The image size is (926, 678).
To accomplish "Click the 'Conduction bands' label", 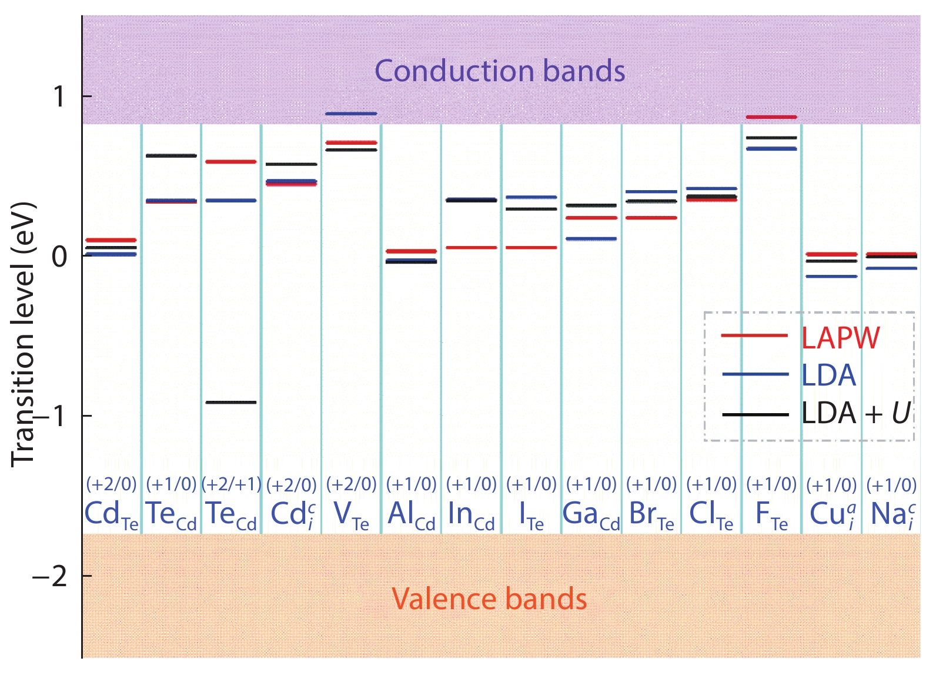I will pos(500,71).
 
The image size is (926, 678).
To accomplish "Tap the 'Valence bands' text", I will pos(489,599).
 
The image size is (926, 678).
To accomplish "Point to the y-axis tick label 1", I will pos(59,97).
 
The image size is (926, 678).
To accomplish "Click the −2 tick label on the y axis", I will pos(51,577).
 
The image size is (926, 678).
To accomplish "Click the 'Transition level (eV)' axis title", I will pos(24,335).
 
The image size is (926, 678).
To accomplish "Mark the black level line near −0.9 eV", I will pos(230,403).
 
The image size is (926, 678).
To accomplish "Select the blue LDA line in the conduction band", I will pos(351,114).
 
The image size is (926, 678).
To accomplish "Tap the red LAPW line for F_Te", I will pos(771,117).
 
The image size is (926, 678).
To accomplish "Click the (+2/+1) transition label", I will pos(231,484).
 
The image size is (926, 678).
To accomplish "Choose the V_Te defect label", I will pos(351,514).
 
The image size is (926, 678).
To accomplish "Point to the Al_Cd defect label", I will pos(412,514).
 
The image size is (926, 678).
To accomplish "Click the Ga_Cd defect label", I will pos(591,514).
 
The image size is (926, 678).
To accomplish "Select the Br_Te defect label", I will pos(651,514).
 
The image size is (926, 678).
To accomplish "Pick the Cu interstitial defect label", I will pos(832,514).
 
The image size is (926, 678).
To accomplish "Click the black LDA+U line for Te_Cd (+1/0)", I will pos(171,156).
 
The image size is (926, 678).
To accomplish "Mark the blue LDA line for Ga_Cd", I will pos(591,239).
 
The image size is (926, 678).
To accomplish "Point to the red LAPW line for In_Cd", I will pos(472,248).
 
